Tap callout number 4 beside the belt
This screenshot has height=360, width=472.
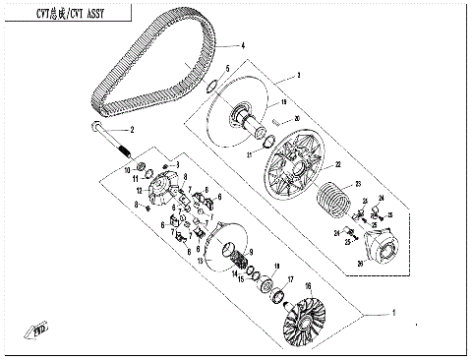tap(242, 46)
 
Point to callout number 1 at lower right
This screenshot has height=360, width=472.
tap(394, 313)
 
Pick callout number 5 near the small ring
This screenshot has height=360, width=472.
tap(228, 69)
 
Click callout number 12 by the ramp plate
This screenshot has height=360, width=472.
tap(141, 189)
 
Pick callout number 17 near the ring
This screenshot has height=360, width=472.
tap(290, 279)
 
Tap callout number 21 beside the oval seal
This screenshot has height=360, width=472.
tap(250, 154)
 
